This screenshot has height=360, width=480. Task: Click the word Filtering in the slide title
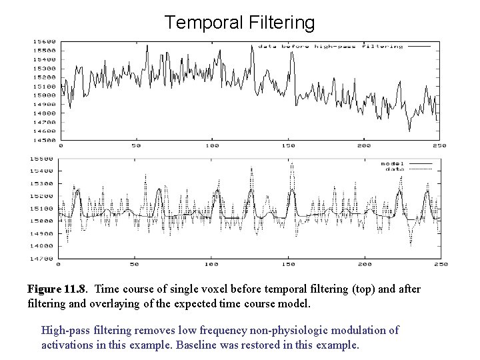pyautogui.click(x=279, y=23)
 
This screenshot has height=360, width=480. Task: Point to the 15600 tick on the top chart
pyautogui.click(x=45, y=41)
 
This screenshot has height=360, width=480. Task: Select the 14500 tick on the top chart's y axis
pyautogui.click(x=45, y=140)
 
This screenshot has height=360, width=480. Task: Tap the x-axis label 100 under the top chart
pyautogui.click(x=212, y=146)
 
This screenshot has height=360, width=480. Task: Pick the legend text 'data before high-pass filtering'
pyautogui.click(x=331, y=47)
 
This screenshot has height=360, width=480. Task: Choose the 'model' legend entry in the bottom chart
pyautogui.click(x=392, y=163)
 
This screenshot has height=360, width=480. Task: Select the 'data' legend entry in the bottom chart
pyautogui.click(x=394, y=169)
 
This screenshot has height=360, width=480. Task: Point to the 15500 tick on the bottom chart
pyautogui.click(x=45, y=159)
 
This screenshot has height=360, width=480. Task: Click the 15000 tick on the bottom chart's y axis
pyautogui.click(x=45, y=221)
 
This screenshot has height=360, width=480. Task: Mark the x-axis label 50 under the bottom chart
pyautogui.click(x=135, y=264)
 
